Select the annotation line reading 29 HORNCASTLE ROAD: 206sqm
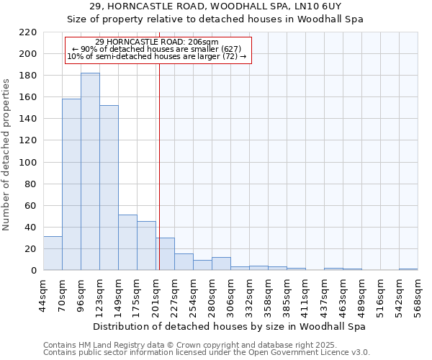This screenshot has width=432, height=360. pyautogui.click(x=157, y=42)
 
